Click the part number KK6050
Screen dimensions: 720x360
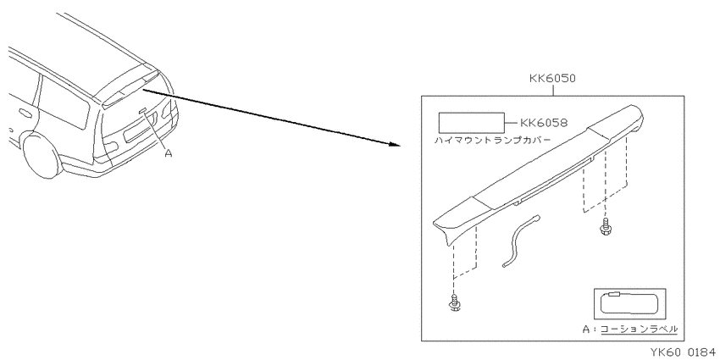point(552,78)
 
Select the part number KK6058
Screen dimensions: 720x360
point(544,123)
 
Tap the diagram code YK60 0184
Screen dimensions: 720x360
point(684,352)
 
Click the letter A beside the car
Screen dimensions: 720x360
point(168,153)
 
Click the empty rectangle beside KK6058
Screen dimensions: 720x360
point(472,123)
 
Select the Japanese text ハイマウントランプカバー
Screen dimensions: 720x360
point(492,140)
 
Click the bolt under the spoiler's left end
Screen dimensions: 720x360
point(453,303)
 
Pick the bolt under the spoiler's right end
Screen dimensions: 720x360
point(605,227)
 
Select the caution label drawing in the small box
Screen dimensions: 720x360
point(630,304)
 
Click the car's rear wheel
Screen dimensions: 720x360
point(42,155)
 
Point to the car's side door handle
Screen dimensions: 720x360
point(23,113)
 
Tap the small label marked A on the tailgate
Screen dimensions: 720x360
point(142,110)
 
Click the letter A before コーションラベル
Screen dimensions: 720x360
point(586,330)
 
